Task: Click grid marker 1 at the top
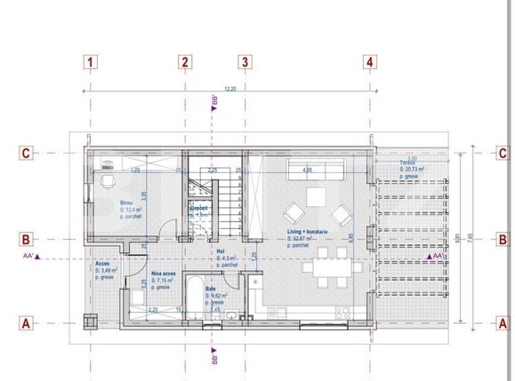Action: pyautogui.click(x=91, y=62)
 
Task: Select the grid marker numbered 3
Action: pyautogui.click(x=244, y=62)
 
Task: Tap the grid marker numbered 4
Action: pyautogui.click(x=368, y=62)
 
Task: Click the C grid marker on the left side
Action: pyautogui.click(x=27, y=153)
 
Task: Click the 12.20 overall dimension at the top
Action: pyautogui.click(x=229, y=89)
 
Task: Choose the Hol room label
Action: pyautogui.click(x=221, y=251)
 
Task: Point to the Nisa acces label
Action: pyautogui.click(x=164, y=274)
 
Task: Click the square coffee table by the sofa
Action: pyautogui.click(x=317, y=197)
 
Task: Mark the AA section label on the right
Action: pyautogui.click(x=436, y=257)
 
